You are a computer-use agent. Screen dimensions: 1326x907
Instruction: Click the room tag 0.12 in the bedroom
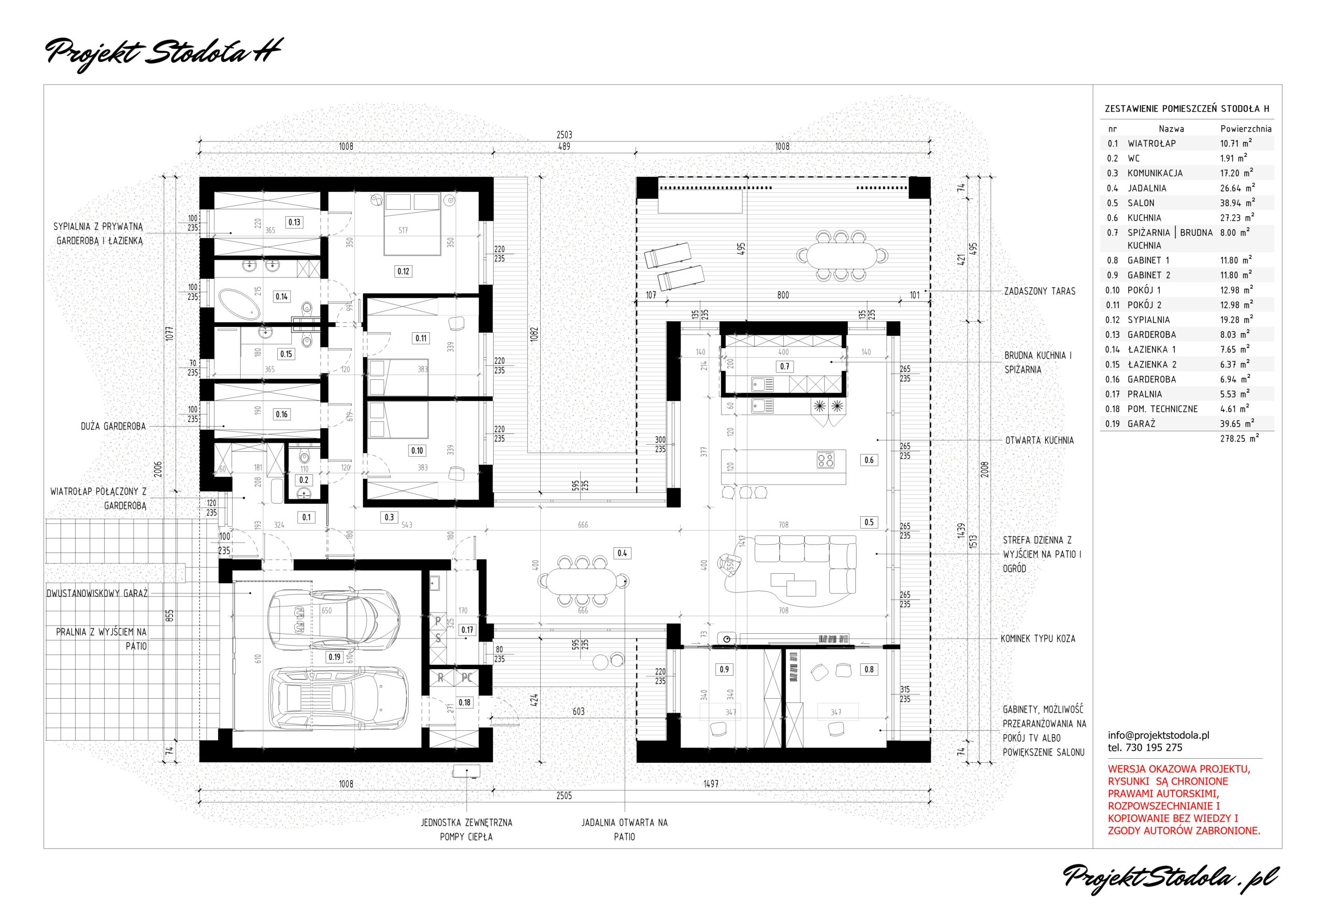(403, 271)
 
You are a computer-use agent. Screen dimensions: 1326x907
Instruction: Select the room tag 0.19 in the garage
(335, 657)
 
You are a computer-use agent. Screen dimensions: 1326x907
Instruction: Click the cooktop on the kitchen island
(826, 460)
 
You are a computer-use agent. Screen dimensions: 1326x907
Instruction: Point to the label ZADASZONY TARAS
(1040, 291)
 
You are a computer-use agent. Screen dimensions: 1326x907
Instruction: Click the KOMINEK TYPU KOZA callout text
(1038, 639)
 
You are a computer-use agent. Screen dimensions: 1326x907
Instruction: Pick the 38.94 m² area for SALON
(1237, 203)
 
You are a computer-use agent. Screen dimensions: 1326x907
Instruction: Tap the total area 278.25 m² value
(1240, 438)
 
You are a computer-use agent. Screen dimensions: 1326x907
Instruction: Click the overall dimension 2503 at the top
(564, 135)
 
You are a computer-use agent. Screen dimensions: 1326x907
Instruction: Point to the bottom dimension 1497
(711, 784)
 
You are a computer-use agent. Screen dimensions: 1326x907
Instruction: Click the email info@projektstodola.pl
(1159, 735)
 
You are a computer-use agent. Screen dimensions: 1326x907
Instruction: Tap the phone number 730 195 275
(1153, 748)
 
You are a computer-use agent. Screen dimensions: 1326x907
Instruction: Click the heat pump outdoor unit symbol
(467, 772)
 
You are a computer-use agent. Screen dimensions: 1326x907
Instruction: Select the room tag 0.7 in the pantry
(785, 366)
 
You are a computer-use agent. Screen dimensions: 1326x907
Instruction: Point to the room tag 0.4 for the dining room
(622, 552)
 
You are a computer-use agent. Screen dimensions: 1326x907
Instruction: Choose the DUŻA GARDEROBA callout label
(113, 427)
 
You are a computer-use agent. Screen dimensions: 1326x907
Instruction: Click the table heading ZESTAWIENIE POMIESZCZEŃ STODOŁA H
(1187, 108)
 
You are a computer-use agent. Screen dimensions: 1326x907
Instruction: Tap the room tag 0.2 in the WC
(304, 480)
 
